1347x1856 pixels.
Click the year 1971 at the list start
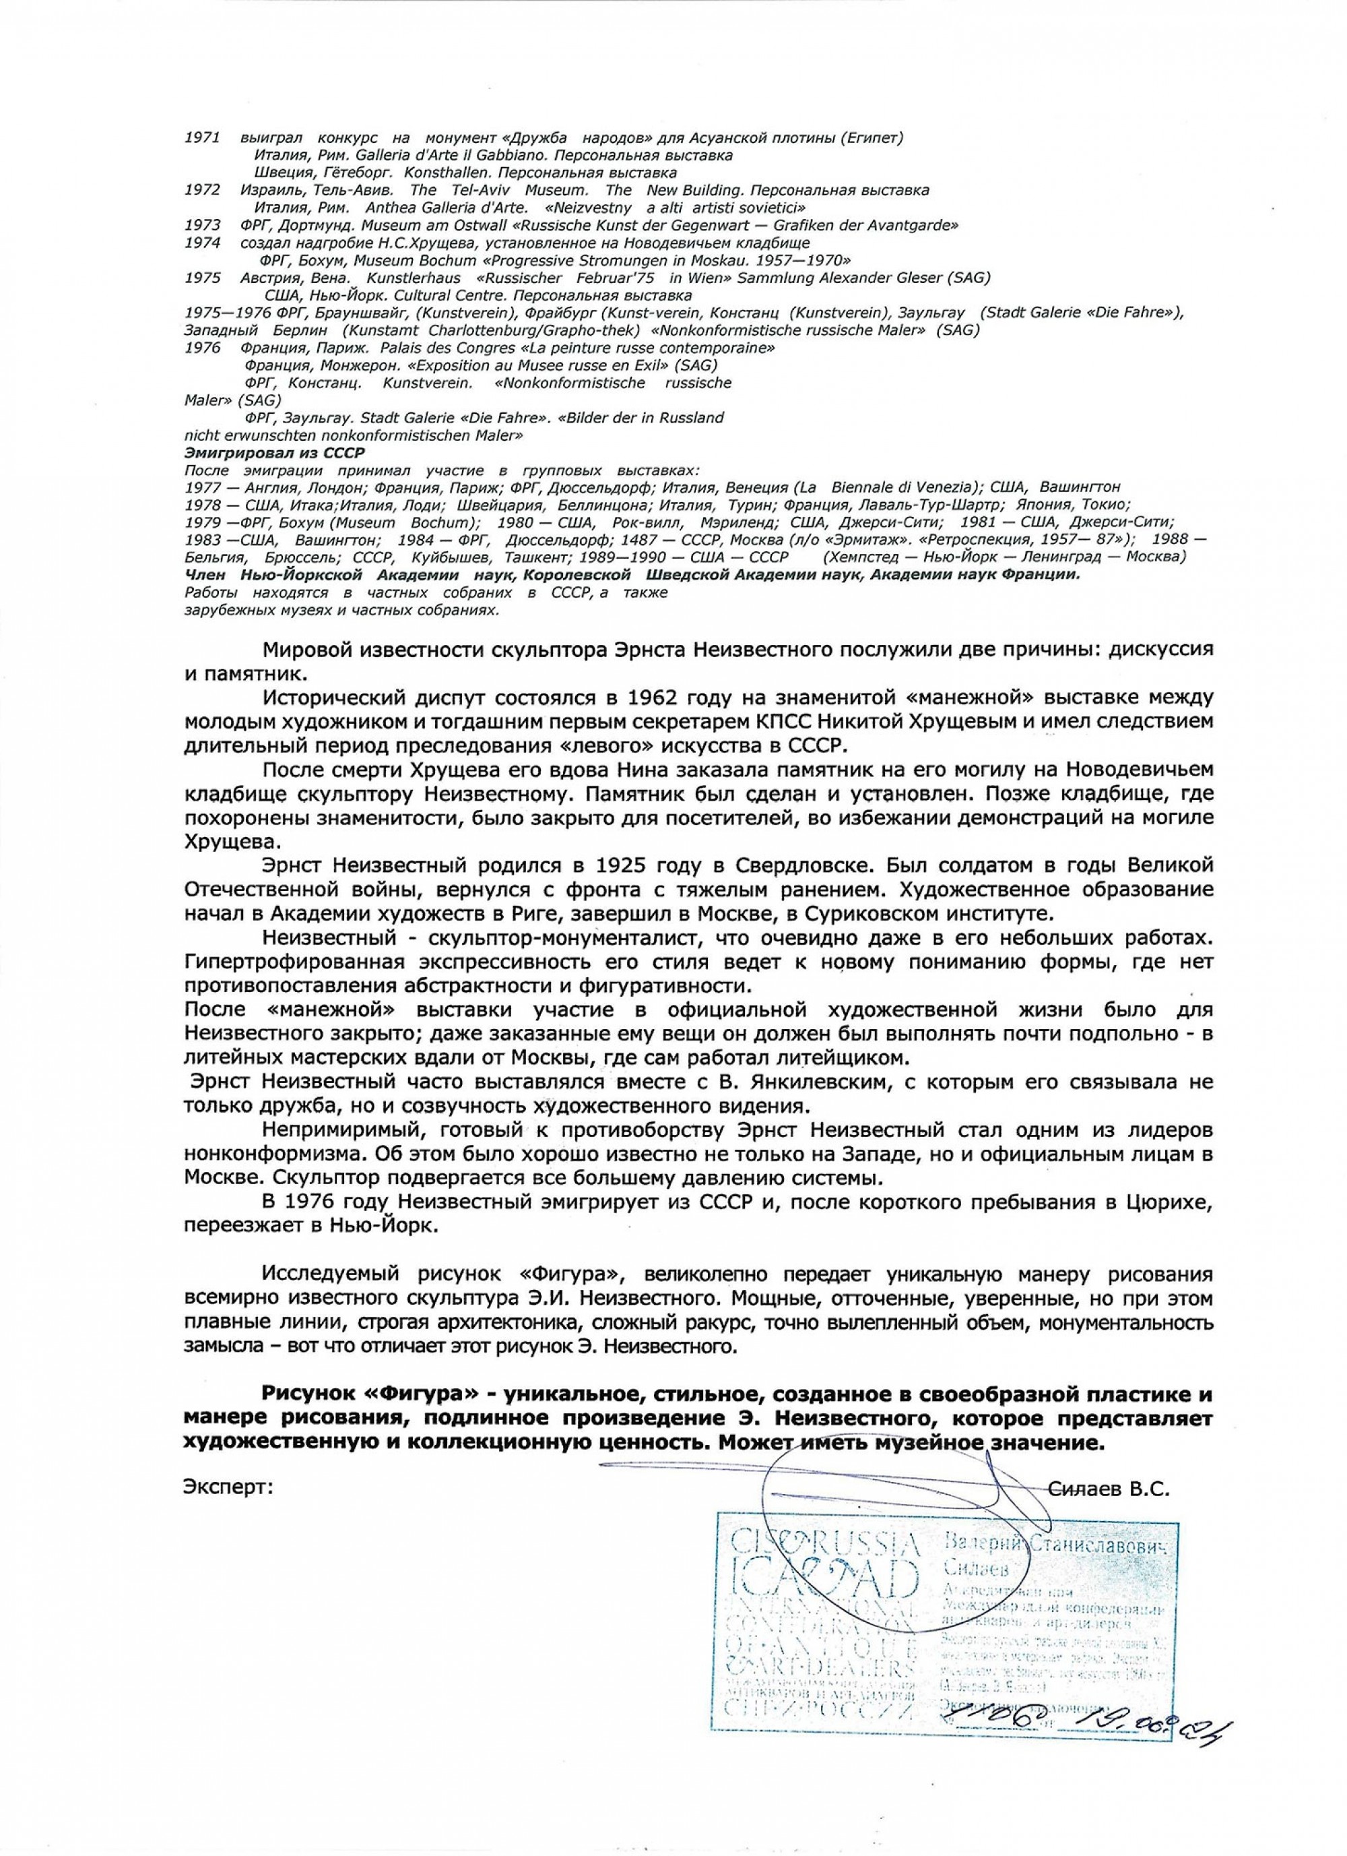click(201, 137)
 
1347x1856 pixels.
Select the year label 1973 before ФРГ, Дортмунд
click(201, 225)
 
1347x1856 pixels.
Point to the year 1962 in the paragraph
click(650, 698)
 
